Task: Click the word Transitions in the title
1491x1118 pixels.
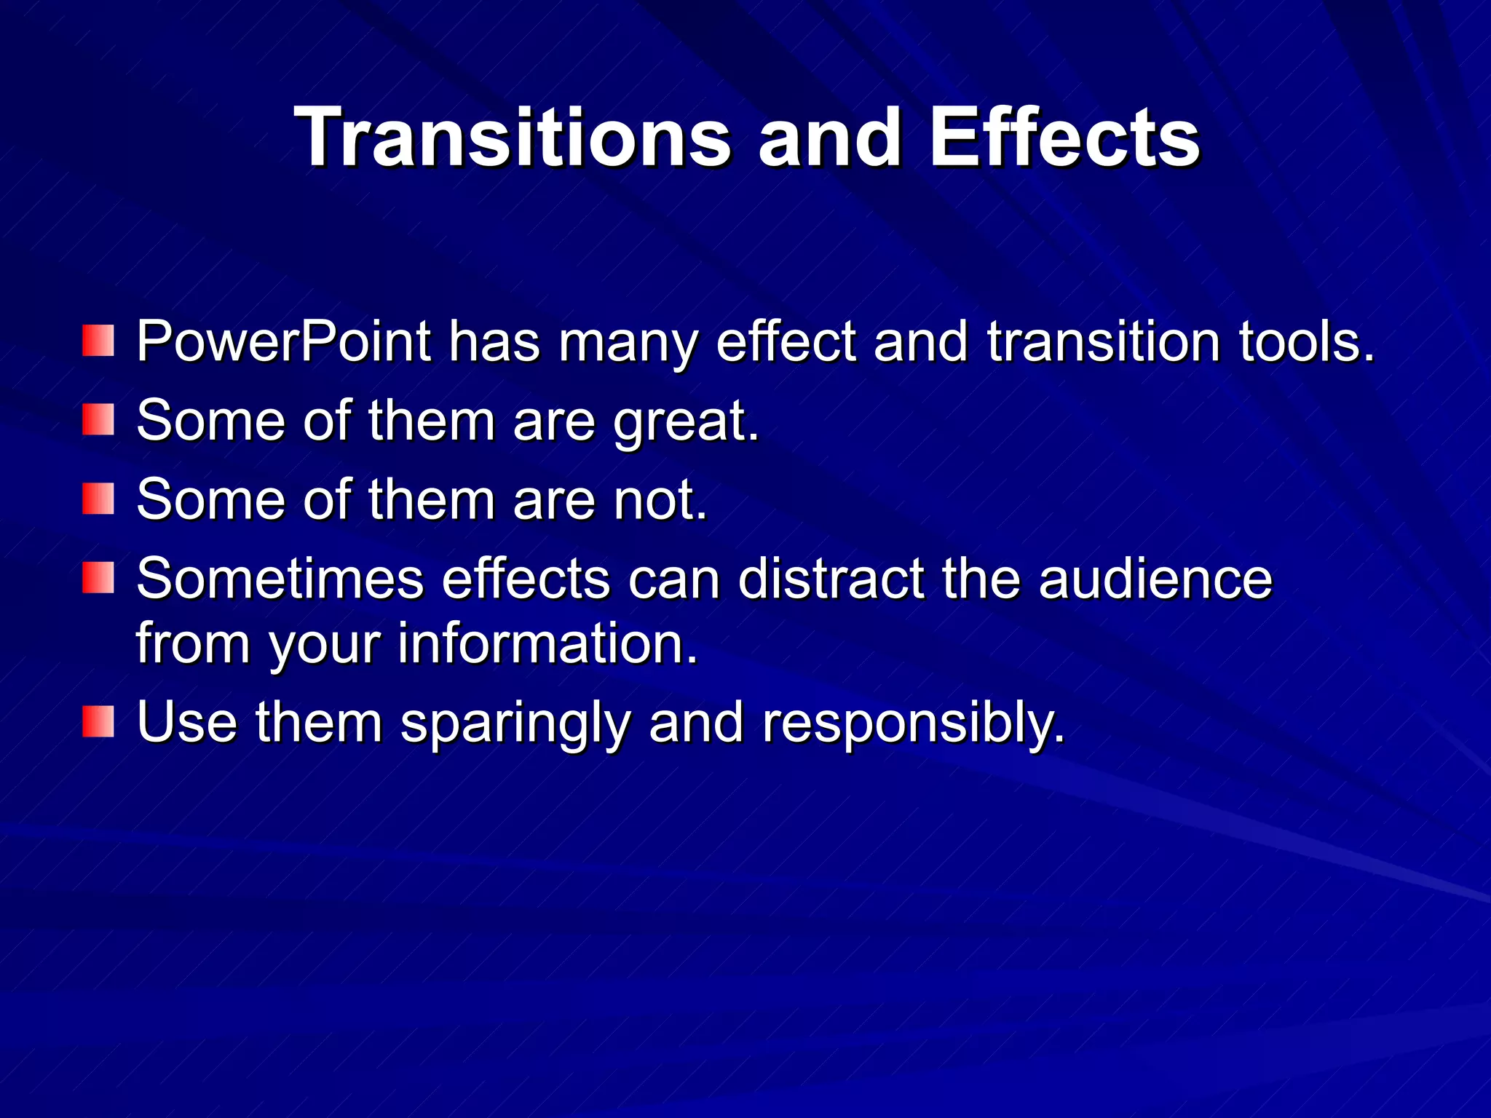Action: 513,138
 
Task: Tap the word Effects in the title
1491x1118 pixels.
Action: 1064,138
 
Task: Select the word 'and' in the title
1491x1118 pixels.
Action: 830,138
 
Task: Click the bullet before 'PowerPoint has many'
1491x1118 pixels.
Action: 98,341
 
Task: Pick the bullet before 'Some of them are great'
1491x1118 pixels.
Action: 98,420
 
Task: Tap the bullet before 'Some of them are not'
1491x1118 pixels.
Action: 98,499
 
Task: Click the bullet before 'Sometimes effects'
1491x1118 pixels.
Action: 98,578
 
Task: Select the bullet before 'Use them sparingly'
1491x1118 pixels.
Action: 98,721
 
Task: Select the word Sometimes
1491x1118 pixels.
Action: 280,579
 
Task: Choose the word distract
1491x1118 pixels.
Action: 831,579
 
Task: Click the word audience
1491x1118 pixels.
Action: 1155,579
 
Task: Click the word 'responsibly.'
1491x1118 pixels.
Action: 914,724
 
